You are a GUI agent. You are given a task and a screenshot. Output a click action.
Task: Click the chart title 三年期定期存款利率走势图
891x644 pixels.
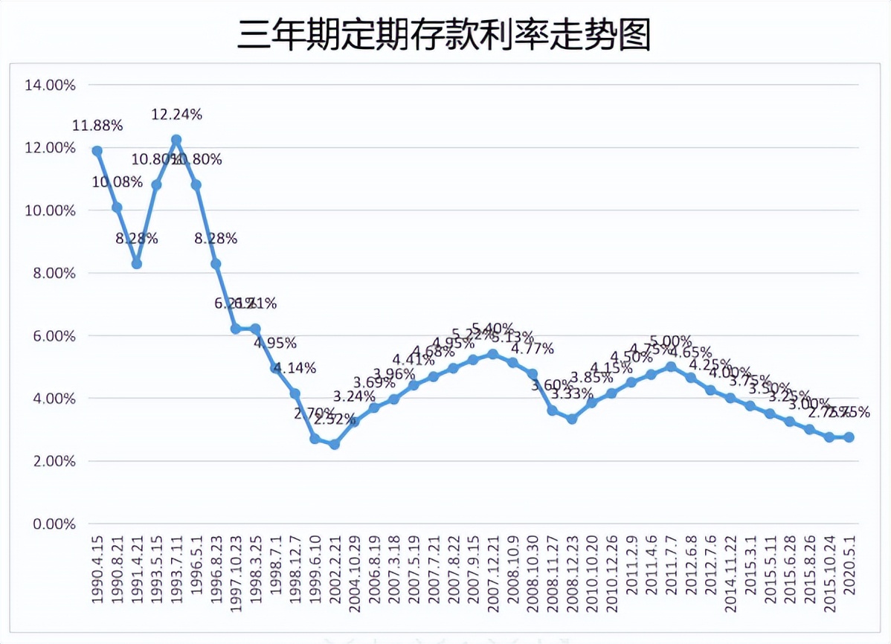444,35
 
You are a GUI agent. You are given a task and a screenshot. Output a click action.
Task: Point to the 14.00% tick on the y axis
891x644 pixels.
50,85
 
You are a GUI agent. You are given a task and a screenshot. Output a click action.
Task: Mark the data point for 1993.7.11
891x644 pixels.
176,140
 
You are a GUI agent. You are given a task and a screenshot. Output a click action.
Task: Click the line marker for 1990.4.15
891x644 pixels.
97,151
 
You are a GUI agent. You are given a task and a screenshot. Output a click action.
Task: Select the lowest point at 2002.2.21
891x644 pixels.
335,445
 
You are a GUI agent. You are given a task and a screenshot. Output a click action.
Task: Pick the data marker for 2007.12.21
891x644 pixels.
492,354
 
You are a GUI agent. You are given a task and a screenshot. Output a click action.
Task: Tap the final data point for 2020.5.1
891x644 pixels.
849,437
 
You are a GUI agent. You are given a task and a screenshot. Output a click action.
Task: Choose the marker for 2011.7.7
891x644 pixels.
671,367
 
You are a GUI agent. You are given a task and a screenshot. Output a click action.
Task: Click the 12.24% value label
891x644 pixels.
176,115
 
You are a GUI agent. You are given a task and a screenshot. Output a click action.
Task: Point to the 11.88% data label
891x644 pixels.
97,126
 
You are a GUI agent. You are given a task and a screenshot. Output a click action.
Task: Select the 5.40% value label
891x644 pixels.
493,329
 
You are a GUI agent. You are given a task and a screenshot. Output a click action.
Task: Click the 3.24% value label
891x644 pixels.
354,396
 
